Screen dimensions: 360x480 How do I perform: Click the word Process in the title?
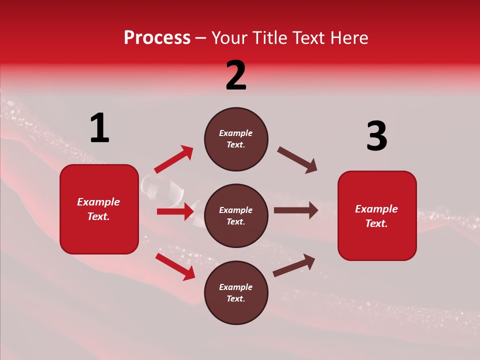tap(157, 38)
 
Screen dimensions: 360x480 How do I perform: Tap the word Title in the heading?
tap(270, 38)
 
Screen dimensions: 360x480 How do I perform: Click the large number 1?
tap(99, 128)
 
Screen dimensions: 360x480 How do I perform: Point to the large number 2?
tap(236, 75)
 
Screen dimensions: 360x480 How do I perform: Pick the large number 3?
tap(376, 136)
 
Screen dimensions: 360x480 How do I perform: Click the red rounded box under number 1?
tap(99, 209)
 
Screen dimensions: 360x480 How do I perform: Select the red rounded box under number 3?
tap(377, 215)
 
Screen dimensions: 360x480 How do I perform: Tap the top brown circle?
tap(236, 139)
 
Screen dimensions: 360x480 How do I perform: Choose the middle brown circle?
tap(236, 215)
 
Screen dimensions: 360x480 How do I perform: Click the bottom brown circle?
tap(236, 292)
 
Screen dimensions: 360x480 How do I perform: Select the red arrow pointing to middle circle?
tap(175, 211)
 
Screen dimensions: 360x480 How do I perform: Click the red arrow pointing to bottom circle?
tap(175, 266)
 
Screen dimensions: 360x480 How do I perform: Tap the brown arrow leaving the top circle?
tap(297, 160)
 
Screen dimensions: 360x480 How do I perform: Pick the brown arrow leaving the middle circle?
tap(296, 210)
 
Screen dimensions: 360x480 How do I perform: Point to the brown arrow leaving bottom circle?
tap(294, 265)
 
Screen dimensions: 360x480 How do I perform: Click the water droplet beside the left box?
tap(162, 189)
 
